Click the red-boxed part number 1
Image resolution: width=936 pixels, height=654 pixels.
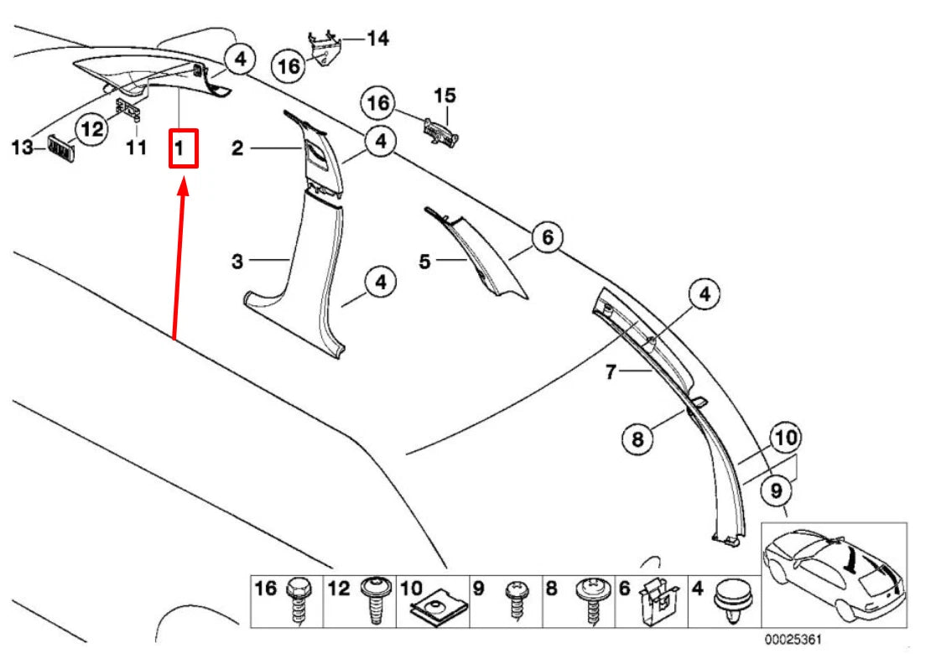(183, 148)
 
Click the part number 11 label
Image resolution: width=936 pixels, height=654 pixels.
(137, 148)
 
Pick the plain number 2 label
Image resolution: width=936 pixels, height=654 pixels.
(238, 148)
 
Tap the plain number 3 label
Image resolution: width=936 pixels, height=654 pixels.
(238, 262)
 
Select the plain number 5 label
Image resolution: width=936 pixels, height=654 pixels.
(425, 262)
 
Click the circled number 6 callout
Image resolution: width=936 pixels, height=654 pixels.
(546, 238)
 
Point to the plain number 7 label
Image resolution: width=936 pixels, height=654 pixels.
(611, 371)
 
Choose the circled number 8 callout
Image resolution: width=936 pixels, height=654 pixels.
(637, 438)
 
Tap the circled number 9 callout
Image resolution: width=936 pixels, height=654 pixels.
(776, 488)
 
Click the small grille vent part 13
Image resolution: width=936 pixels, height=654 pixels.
(60, 150)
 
